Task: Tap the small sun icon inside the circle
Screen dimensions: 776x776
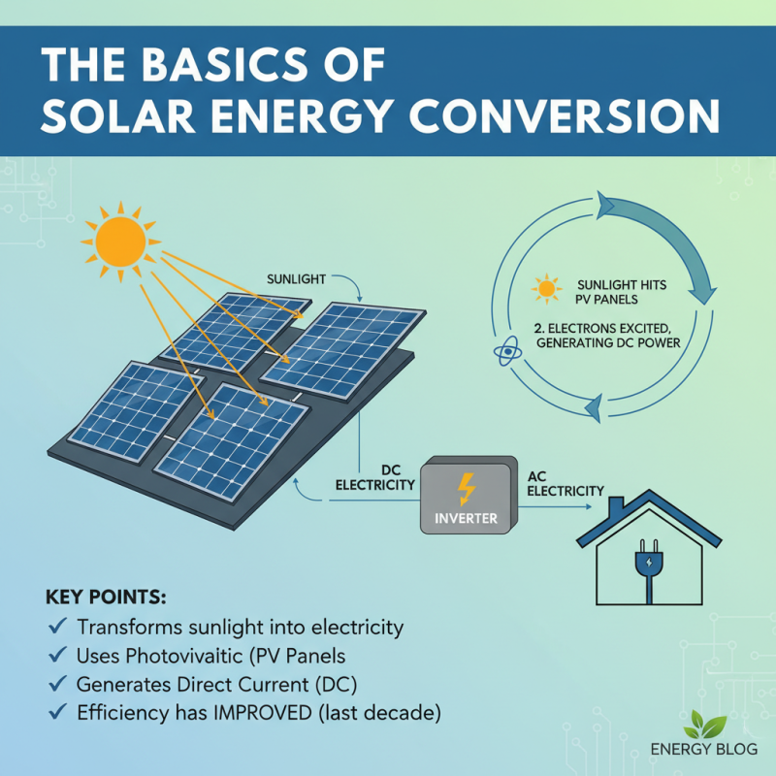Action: pos(547,288)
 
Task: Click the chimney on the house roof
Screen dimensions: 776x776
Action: pos(615,509)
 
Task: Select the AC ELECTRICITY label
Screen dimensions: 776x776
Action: pos(566,484)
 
